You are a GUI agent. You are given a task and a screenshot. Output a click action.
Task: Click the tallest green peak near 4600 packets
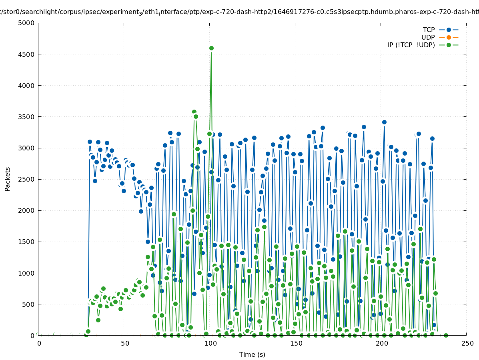[211, 48]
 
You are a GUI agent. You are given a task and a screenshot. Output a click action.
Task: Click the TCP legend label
[429, 30]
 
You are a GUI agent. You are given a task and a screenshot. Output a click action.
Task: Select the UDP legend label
[428, 37]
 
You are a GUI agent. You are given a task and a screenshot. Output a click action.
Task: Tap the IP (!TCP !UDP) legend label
[411, 45]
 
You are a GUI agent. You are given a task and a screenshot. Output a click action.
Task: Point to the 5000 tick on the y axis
[26, 23]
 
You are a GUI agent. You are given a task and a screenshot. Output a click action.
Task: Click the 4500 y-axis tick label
[26, 54]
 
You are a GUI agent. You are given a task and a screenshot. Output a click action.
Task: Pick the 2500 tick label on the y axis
[26, 179]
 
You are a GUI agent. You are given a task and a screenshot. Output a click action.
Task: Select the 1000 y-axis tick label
[26, 273]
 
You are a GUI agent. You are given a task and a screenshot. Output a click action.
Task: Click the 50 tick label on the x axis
[125, 343]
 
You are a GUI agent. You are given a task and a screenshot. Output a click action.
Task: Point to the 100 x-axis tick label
[210, 343]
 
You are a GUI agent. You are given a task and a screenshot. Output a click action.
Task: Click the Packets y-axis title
[8, 179]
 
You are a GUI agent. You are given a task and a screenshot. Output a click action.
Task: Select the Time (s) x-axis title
[252, 354]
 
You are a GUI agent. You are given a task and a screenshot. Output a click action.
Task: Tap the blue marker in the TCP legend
[449, 30]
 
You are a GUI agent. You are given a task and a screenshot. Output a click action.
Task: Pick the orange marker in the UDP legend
[449, 37]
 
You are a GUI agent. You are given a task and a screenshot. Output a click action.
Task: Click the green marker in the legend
[449, 45]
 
